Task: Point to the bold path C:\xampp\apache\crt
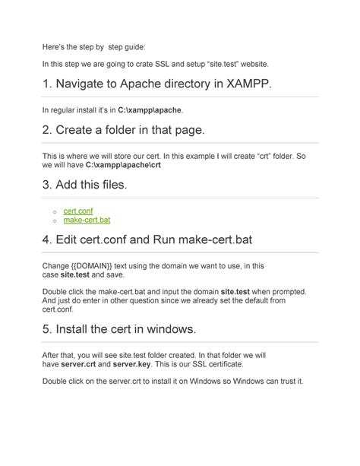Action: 123,164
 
